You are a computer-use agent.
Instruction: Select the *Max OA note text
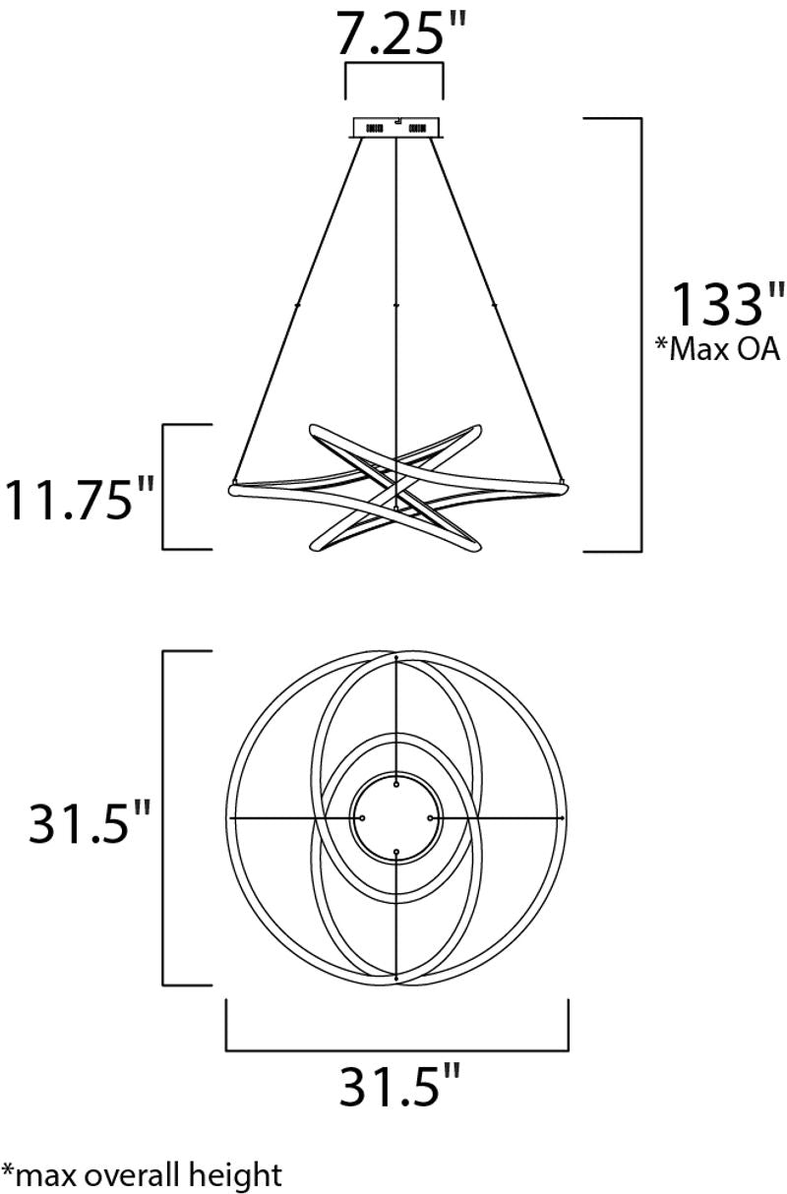(x=717, y=350)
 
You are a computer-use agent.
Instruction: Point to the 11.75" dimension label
(x=79, y=499)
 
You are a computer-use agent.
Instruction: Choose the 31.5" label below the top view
(x=399, y=1084)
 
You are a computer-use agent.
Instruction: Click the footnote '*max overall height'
(x=142, y=1174)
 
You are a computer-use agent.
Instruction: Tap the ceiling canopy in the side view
(x=395, y=129)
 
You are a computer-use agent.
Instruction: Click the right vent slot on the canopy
(x=417, y=129)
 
